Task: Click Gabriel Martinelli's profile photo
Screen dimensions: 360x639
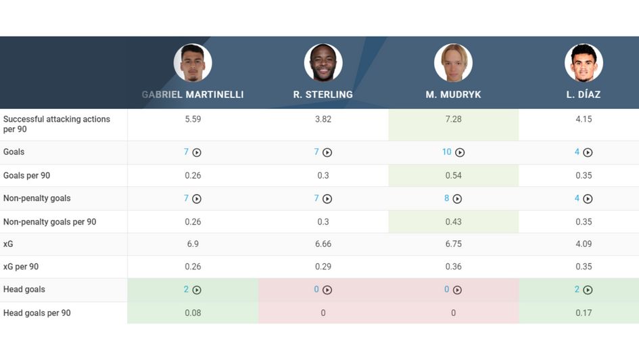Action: click(x=193, y=63)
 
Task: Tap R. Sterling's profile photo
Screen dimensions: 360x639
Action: click(x=323, y=63)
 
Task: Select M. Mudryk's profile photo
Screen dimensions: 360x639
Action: click(x=453, y=63)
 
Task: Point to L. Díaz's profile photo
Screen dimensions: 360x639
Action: click(x=584, y=63)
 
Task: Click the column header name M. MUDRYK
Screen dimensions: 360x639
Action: click(x=453, y=95)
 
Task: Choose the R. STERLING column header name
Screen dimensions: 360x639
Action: click(x=323, y=95)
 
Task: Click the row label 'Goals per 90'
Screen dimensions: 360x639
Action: click(x=26, y=175)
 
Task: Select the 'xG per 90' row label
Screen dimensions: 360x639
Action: click(x=21, y=267)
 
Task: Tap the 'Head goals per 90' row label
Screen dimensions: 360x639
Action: click(x=37, y=313)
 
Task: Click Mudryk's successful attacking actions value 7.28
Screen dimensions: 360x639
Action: click(x=453, y=119)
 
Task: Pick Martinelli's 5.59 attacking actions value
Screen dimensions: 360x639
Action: click(x=193, y=119)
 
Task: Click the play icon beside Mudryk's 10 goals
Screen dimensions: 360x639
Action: click(x=460, y=153)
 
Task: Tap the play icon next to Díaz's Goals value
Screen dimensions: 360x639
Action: click(x=588, y=153)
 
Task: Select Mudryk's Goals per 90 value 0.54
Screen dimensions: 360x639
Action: click(x=453, y=175)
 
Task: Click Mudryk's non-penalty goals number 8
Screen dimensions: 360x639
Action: click(x=446, y=198)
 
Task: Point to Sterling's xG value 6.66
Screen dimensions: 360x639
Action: click(x=323, y=244)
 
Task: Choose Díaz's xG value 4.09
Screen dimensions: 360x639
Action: click(x=584, y=244)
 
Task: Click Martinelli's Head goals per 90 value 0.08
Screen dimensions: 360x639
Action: click(x=193, y=313)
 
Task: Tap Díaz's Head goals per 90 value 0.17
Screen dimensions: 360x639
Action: click(x=584, y=313)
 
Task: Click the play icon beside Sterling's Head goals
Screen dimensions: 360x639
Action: click(x=327, y=290)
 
